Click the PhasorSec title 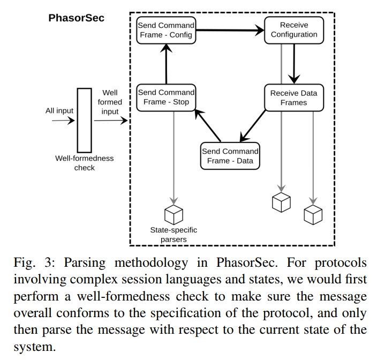76,18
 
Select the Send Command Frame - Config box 166,31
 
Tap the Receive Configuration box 294,31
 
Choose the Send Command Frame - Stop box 166,97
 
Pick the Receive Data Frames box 294,97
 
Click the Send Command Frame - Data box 230,156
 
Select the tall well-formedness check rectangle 85,120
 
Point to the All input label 59,110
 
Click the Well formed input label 110,102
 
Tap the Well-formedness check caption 85,163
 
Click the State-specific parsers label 174,235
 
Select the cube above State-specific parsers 174,214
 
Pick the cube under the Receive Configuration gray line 281,202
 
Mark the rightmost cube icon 313,215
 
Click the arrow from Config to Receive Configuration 230,31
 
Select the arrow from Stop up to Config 166,64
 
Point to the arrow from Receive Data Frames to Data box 253,126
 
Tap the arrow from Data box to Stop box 208,125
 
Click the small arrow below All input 63,120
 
